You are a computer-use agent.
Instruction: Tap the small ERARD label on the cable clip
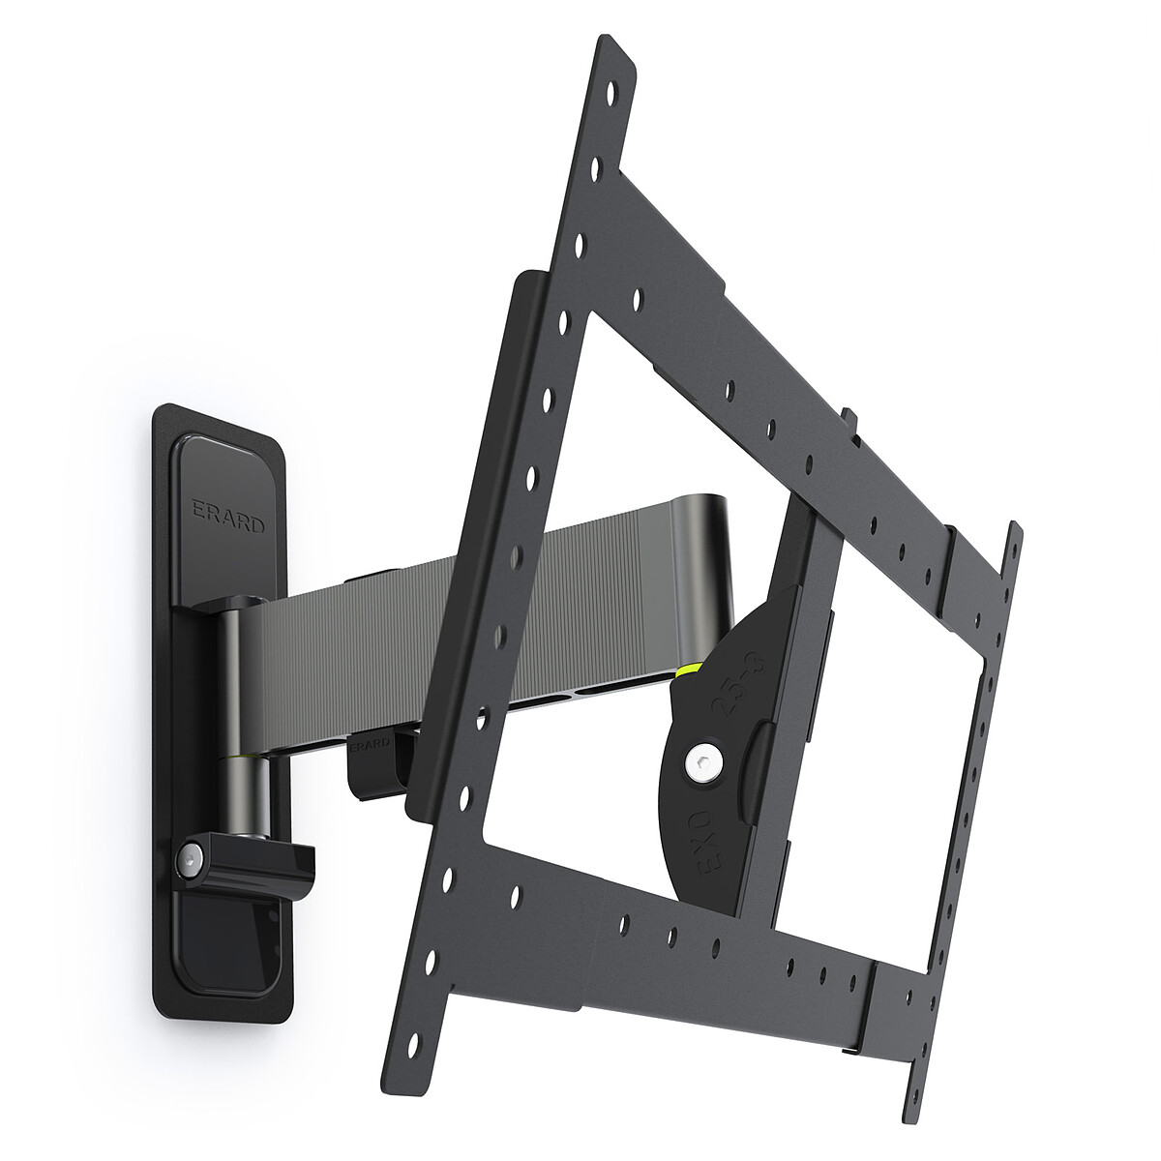pyautogui.click(x=370, y=746)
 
